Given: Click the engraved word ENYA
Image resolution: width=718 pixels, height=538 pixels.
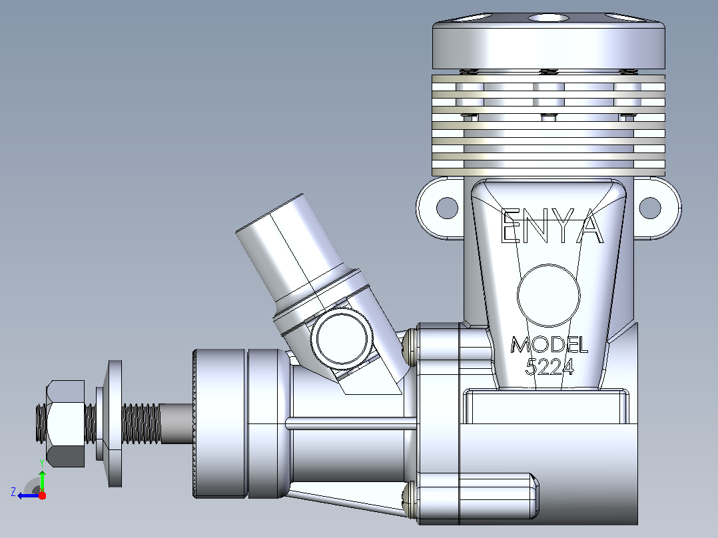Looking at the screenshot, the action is [x=551, y=226].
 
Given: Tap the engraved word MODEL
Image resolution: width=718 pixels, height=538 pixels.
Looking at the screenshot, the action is [x=549, y=345].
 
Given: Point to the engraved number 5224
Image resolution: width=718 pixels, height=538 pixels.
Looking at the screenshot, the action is [x=549, y=366].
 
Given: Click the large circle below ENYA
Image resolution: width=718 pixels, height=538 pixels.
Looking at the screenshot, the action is [x=549, y=296].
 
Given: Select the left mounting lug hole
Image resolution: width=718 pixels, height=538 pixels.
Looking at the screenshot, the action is [x=447, y=208].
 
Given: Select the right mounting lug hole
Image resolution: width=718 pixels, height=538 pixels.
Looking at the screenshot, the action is [x=650, y=208].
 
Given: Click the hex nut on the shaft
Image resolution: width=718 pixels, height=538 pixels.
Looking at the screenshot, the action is [x=65, y=423].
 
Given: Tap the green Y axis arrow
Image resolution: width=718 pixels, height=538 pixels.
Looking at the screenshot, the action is [x=42, y=481].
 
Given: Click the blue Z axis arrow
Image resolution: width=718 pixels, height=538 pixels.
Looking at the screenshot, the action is [x=29, y=495].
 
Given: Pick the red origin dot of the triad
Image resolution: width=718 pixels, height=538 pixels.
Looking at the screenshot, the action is [x=42, y=495].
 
